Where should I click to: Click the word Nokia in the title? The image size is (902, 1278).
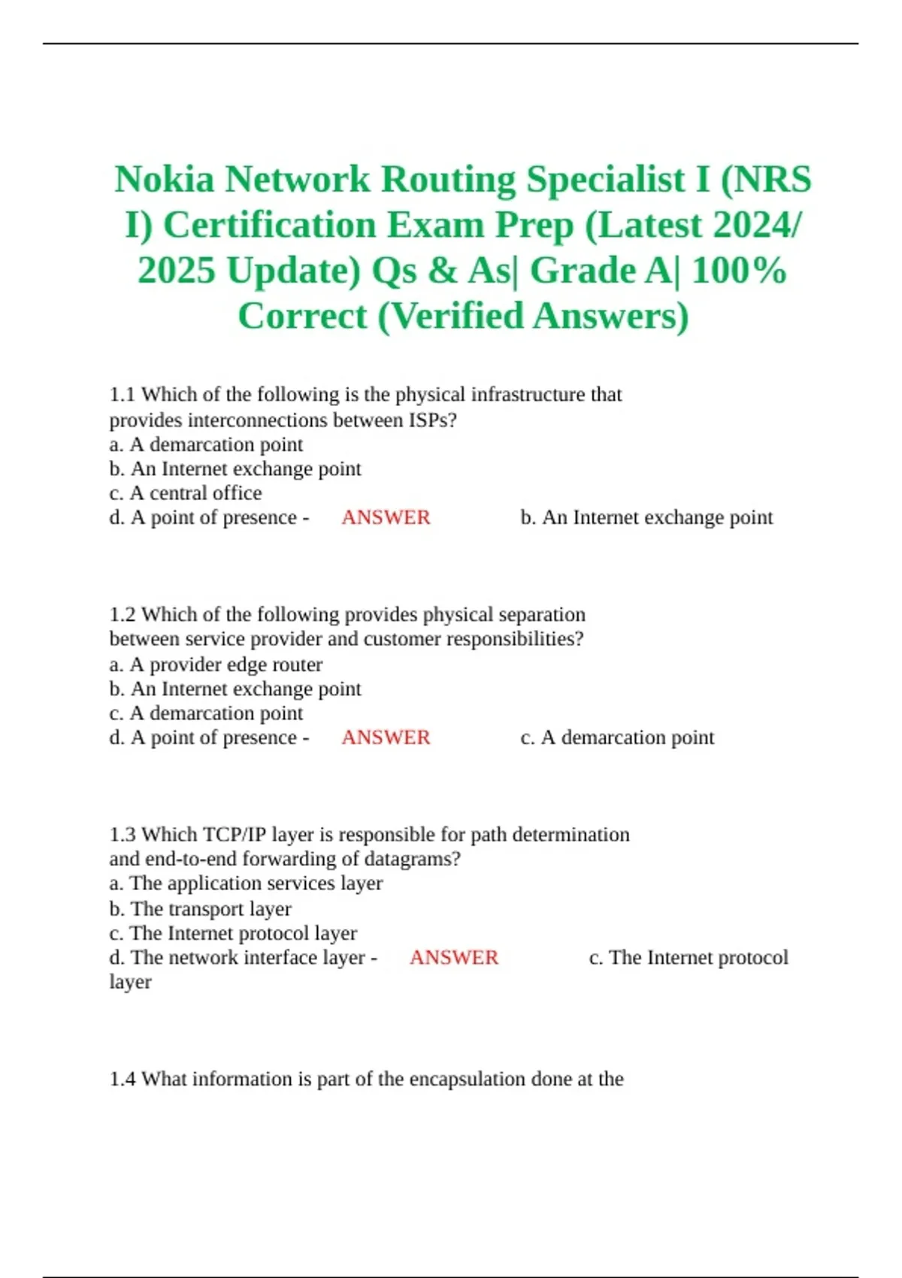[165, 180]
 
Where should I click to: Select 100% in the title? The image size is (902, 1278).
[739, 271]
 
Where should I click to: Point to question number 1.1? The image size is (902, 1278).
[123, 395]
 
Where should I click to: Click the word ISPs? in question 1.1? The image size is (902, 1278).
[432, 419]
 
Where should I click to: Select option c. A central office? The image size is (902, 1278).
[186, 493]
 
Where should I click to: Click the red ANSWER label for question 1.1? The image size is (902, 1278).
[386, 517]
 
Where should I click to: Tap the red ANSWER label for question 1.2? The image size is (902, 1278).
[386, 737]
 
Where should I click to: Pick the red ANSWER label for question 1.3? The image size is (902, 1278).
[453, 957]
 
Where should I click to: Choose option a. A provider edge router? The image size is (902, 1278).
[216, 665]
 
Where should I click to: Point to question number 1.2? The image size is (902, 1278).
[123, 615]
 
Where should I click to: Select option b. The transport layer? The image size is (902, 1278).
[200, 909]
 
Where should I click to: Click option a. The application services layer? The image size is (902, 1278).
[246, 883]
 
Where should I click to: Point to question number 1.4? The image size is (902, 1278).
[123, 1079]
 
